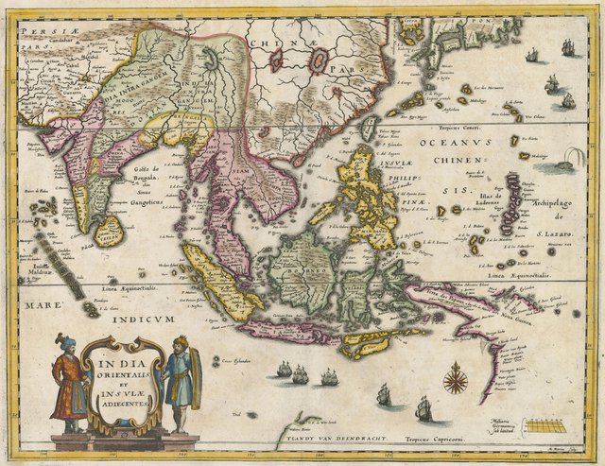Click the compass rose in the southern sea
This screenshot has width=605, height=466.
pyautogui.click(x=456, y=377)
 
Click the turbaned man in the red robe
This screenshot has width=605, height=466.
pyautogui.click(x=67, y=378)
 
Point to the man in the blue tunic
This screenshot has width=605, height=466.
pyautogui.click(x=179, y=382)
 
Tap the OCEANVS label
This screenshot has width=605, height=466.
pyautogui.click(x=453, y=144)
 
